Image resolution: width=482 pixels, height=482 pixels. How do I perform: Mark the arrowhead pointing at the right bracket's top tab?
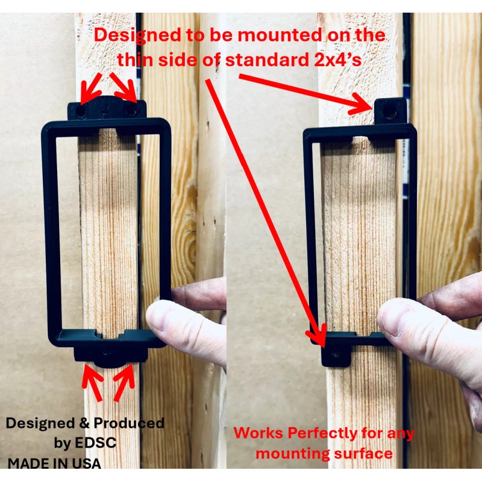pos(365,105)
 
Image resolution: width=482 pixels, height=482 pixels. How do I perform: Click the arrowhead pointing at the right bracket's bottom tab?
pos(320,340)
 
